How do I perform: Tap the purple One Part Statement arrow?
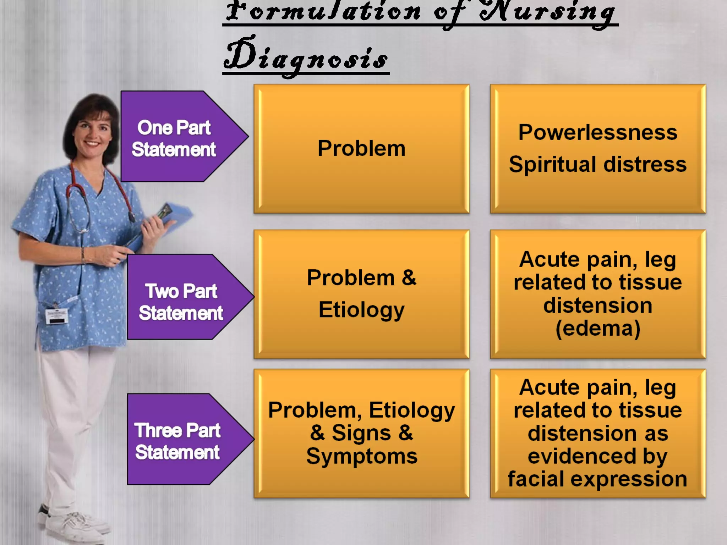pos(177,137)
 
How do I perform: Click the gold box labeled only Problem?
pos(361,149)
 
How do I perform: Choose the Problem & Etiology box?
pos(361,294)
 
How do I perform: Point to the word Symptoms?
pos(362,457)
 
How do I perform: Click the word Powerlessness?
pos(598,133)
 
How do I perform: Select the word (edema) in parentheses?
pos(598,329)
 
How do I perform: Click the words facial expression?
pos(598,479)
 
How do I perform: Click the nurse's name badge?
pos(57,315)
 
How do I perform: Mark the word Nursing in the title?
pos(547,12)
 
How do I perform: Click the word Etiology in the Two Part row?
pos(361,310)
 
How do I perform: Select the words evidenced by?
pos(598,457)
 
